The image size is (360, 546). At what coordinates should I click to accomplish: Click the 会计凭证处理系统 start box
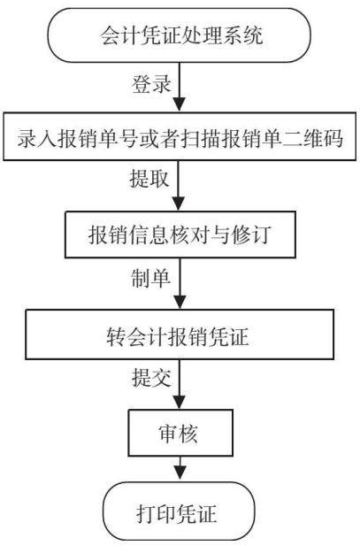pos(179,35)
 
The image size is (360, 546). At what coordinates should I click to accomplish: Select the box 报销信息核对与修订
pos(180,234)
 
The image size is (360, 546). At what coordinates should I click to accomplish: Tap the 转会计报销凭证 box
pos(180,335)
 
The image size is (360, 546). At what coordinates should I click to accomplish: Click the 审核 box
pos(180,433)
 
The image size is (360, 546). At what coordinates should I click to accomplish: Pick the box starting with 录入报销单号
pos(180,136)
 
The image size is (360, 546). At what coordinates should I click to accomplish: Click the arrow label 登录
pos(151,84)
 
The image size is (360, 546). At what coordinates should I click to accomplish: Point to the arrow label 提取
pos(149,179)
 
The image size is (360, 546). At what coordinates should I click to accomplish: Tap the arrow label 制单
pos(150,278)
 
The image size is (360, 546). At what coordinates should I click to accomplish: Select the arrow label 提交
pos(151,377)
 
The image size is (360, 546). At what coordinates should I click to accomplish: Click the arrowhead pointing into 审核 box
pos(180,403)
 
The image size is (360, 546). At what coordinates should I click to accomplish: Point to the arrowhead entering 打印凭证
pos(180,475)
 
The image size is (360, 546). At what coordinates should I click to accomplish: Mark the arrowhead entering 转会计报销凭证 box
pos(180,303)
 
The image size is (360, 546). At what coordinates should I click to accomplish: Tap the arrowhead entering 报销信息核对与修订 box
pos(179,204)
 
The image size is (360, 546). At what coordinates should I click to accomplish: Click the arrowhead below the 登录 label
pos(180,104)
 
